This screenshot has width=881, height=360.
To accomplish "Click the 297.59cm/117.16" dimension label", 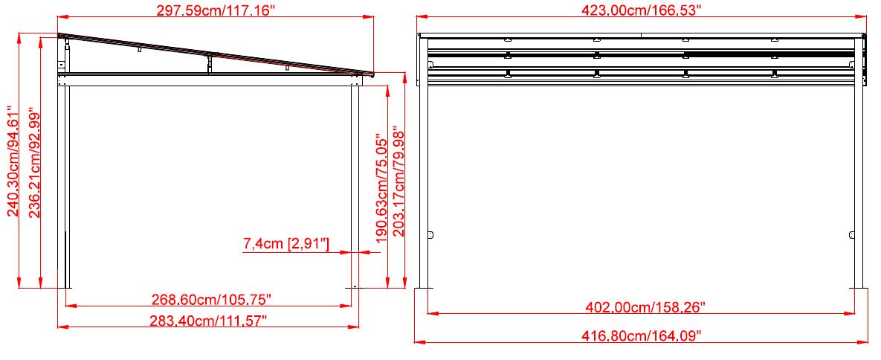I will [x=215, y=11].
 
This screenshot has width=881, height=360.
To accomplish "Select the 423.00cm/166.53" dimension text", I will [x=642, y=10].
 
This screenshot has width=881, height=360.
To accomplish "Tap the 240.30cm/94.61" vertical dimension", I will [x=13, y=161].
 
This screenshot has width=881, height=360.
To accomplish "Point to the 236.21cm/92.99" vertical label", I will [x=34, y=163].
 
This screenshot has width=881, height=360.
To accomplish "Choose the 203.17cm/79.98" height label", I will [x=399, y=181].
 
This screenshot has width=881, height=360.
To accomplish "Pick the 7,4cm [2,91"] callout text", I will [x=286, y=243].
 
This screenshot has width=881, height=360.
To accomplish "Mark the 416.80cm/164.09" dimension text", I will [x=642, y=335].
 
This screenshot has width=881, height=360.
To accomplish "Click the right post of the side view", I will [x=355, y=186].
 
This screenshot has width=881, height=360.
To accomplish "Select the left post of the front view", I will [x=423, y=186].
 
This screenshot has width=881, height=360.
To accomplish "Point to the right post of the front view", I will [x=858, y=186].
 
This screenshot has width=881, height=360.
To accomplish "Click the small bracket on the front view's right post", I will [x=851, y=235].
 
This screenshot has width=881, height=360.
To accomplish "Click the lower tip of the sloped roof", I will [x=372, y=74].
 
